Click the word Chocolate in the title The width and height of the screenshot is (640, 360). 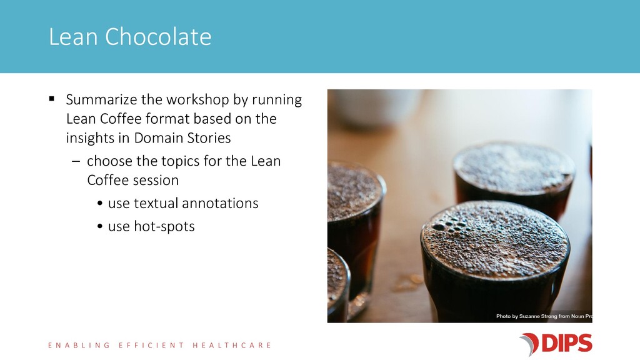(158, 37)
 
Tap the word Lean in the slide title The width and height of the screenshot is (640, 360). (74, 37)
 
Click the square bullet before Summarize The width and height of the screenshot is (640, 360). (51, 98)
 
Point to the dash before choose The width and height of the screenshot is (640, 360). (76, 161)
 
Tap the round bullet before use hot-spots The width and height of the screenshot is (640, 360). (100, 226)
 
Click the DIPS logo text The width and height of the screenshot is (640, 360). (566, 343)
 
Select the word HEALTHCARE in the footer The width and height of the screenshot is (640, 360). (231, 345)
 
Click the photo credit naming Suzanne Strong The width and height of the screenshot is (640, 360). (544, 316)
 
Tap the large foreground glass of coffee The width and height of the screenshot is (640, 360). (495, 261)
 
